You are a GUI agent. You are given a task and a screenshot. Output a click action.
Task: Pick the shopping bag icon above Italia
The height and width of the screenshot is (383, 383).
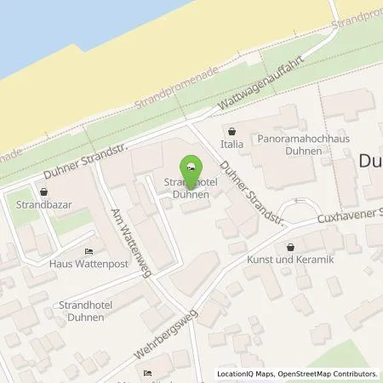point(232,132)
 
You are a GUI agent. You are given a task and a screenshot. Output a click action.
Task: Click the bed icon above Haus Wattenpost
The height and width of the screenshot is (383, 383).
point(89,251)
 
